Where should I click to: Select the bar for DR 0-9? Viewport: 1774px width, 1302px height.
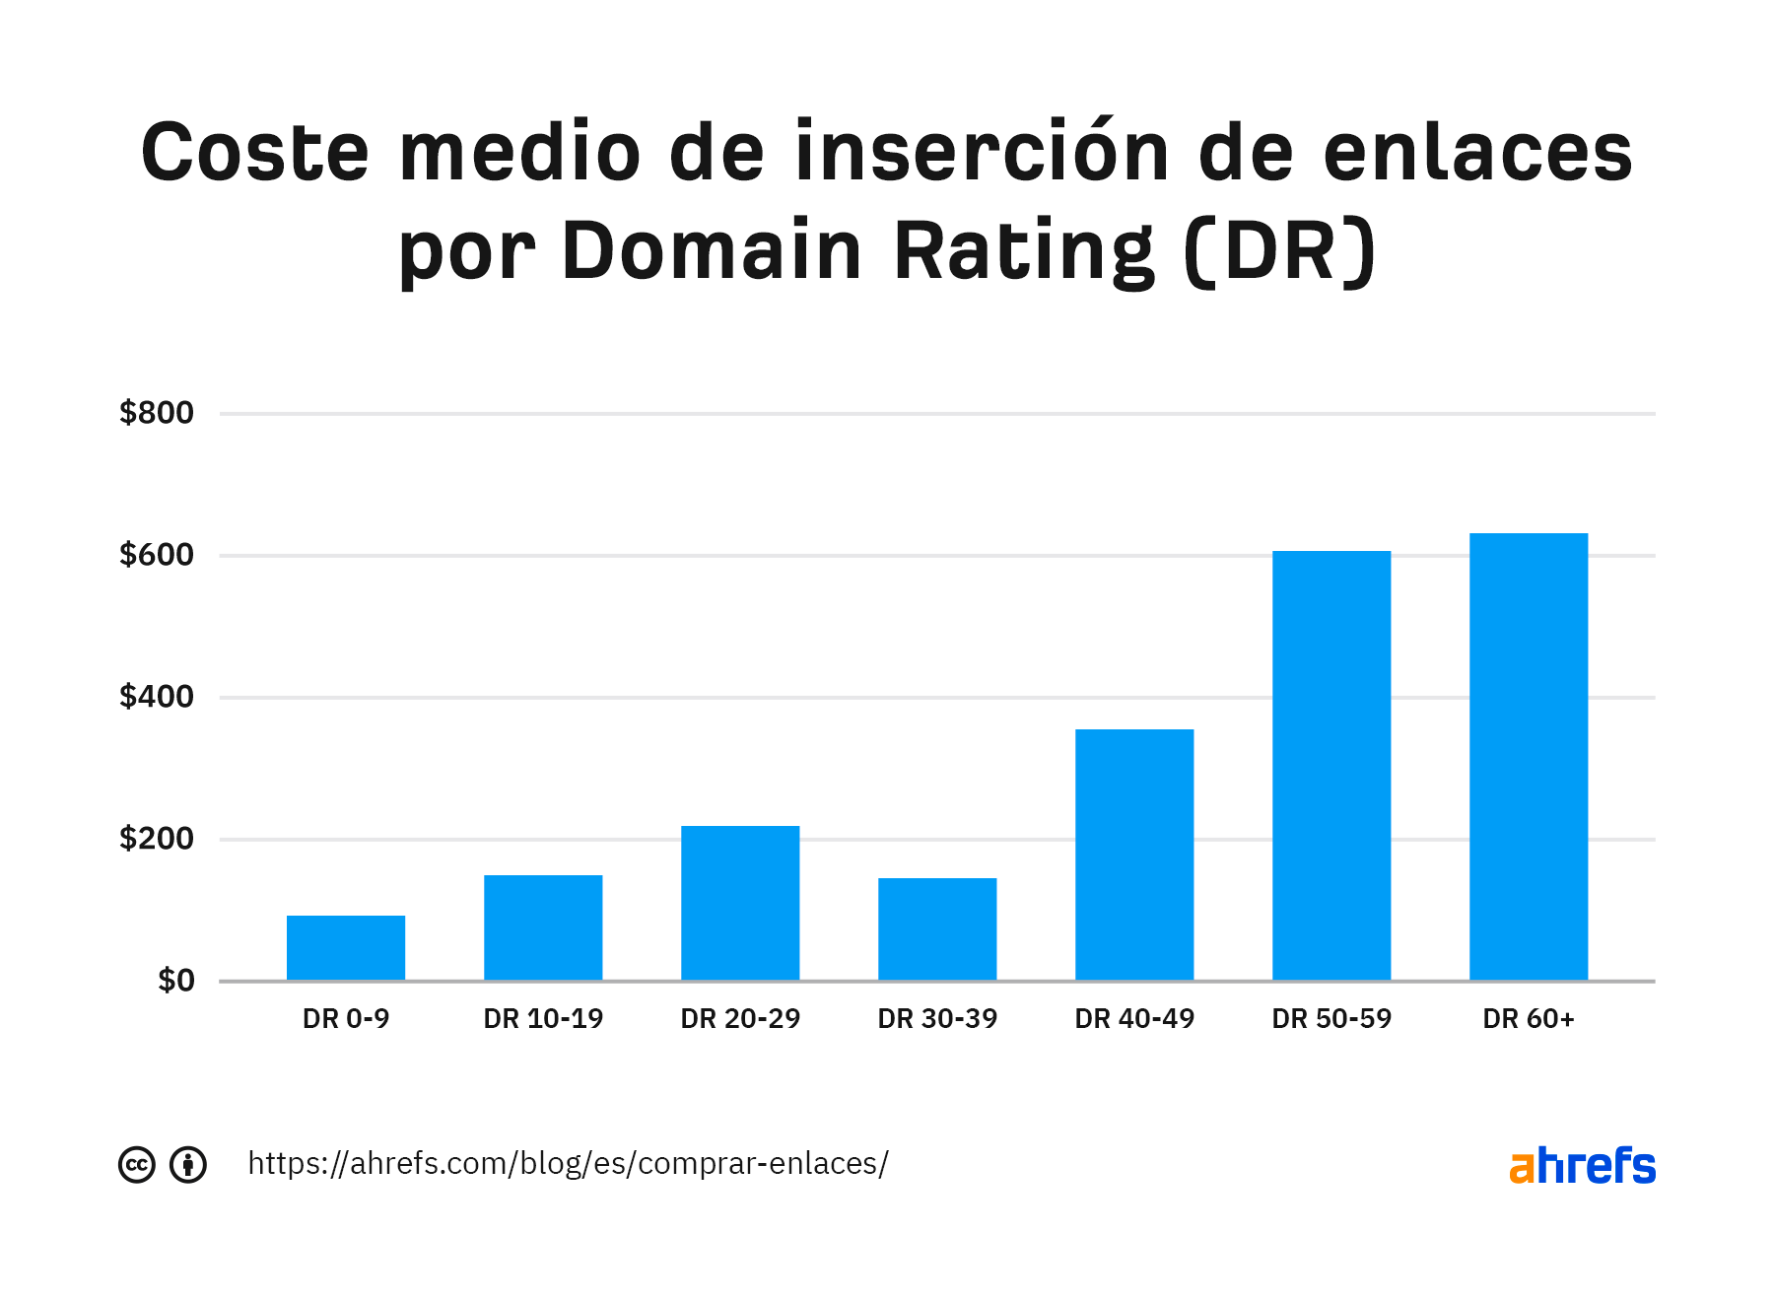tap(346, 947)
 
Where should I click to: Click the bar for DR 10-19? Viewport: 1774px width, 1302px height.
tap(543, 926)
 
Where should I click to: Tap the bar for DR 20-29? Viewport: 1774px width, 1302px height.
tap(740, 902)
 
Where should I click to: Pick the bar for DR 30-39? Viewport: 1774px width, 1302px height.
tap(937, 928)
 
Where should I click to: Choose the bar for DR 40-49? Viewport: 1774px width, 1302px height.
tap(1134, 854)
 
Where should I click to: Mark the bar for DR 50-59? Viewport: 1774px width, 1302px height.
tap(1331, 765)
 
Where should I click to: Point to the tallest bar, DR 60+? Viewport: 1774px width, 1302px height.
tap(1529, 756)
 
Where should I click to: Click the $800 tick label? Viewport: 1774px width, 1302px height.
tap(157, 413)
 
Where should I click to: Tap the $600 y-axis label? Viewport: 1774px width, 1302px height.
tap(157, 555)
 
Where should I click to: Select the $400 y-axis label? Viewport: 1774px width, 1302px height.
tap(157, 697)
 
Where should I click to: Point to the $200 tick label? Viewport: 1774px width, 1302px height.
tap(157, 839)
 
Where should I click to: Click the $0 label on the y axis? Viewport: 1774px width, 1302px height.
tap(176, 981)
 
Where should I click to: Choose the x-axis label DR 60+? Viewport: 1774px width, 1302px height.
tap(1529, 1019)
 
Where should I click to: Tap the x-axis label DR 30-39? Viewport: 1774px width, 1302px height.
tap(937, 1019)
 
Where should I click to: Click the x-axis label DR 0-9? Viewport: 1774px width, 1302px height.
tap(346, 1019)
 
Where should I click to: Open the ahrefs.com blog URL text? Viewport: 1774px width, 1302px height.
tap(568, 1164)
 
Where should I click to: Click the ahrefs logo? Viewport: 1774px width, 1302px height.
tap(1582, 1165)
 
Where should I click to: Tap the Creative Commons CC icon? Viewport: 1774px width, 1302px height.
tap(137, 1165)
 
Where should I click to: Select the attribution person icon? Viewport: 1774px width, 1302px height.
tap(188, 1165)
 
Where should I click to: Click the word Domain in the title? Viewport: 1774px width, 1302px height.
tap(712, 250)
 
